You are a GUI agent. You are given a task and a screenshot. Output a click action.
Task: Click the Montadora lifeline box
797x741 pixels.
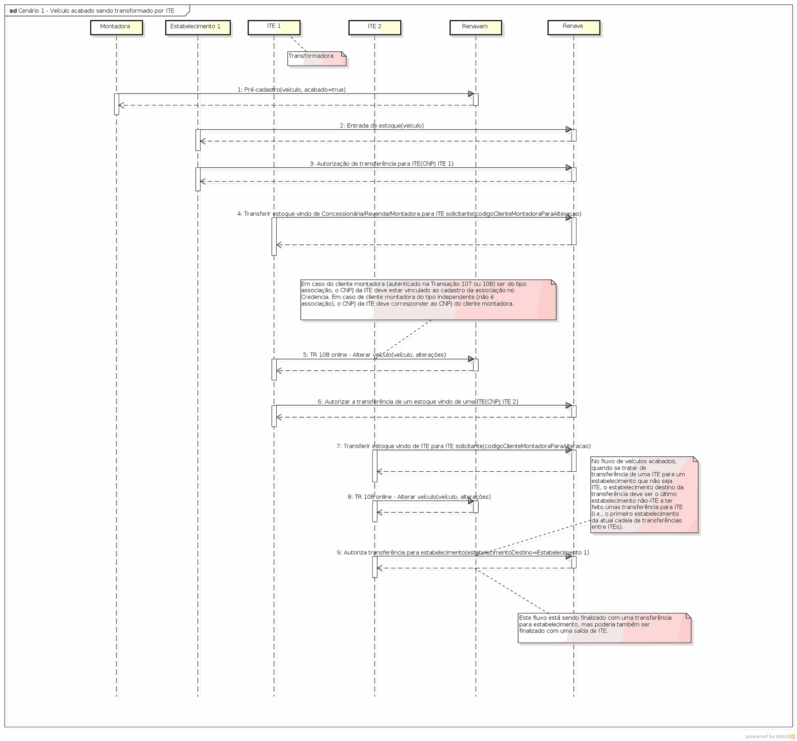(x=116, y=27)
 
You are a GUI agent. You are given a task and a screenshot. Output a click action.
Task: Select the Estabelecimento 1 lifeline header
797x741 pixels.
(x=198, y=27)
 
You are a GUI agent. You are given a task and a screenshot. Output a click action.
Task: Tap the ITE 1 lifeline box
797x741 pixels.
(x=274, y=27)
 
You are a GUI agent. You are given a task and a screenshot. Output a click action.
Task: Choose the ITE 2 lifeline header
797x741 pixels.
(x=375, y=27)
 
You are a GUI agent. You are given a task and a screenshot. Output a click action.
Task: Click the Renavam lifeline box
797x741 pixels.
(x=476, y=27)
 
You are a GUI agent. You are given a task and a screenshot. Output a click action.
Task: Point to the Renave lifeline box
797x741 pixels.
(x=574, y=27)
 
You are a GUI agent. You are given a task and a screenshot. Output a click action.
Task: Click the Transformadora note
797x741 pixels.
(x=317, y=59)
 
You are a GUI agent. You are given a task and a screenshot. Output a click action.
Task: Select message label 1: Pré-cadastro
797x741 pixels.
(x=291, y=89)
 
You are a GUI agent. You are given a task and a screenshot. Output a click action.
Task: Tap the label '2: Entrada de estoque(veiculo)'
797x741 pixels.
(x=382, y=126)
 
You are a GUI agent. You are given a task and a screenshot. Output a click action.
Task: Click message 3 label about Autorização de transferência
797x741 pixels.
(x=381, y=164)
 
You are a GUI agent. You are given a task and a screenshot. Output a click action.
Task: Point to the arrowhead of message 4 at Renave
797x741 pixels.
(x=569, y=218)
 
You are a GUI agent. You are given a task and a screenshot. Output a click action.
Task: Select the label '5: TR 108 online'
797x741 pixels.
(x=375, y=355)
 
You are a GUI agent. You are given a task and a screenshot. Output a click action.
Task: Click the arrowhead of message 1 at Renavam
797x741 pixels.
(x=471, y=94)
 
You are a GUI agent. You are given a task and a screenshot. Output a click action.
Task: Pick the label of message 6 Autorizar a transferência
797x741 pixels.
(x=418, y=402)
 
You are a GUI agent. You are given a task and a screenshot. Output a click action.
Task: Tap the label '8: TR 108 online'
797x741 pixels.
(x=419, y=497)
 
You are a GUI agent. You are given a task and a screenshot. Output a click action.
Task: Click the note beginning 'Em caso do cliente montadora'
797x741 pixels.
(x=428, y=300)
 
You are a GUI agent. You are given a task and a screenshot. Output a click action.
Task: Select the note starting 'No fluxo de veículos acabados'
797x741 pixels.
(x=644, y=495)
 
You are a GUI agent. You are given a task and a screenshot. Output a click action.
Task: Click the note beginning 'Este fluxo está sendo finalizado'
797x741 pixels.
(x=604, y=628)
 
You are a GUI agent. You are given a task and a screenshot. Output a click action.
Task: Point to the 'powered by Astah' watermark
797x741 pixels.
(x=770, y=736)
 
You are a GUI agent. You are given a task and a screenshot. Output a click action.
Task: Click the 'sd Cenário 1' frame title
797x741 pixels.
(x=92, y=11)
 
